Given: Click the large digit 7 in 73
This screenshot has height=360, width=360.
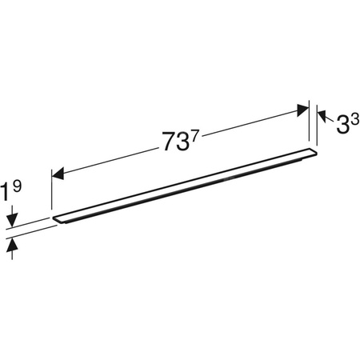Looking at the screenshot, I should pyautogui.click(x=170, y=142).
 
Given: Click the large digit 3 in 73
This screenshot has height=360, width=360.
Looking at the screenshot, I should pyautogui.click(x=185, y=140).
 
